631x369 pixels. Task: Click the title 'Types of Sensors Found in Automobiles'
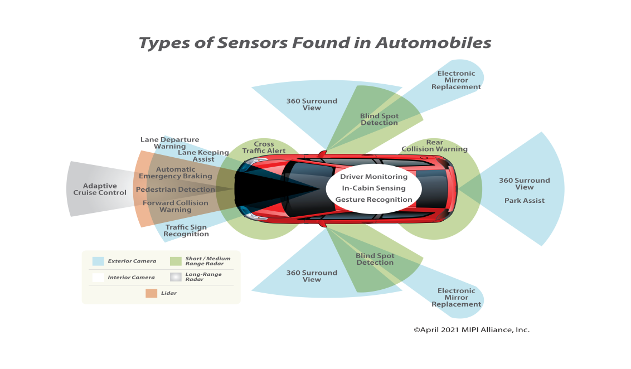point(315,43)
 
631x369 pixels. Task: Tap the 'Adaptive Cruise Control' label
point(100,190)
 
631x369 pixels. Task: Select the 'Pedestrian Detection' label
point(175,190)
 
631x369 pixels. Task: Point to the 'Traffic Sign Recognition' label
point(186,231)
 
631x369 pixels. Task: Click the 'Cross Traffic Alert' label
point(264,148)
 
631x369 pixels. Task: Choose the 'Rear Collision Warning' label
point(434,146)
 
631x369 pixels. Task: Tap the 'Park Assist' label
point(524,201)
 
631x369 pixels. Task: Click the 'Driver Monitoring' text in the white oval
point(373,177)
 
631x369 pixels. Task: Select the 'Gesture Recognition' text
point(373,200)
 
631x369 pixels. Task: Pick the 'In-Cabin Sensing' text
point(373,188)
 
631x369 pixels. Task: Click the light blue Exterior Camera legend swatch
point(98,261)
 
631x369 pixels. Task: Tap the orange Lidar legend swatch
point(151,293)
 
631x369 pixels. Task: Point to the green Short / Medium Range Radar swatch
point(176,261)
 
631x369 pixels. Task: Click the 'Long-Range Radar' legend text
point(203,277)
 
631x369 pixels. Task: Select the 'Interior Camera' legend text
point(132,278)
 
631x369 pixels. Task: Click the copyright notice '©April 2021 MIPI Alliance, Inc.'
point(472,330)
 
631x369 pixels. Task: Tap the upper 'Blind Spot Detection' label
point(379,119)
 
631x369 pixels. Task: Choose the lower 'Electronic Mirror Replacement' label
point(456,298)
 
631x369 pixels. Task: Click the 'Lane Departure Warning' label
point(169,143)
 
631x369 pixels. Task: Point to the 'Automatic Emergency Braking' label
point(175,173)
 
